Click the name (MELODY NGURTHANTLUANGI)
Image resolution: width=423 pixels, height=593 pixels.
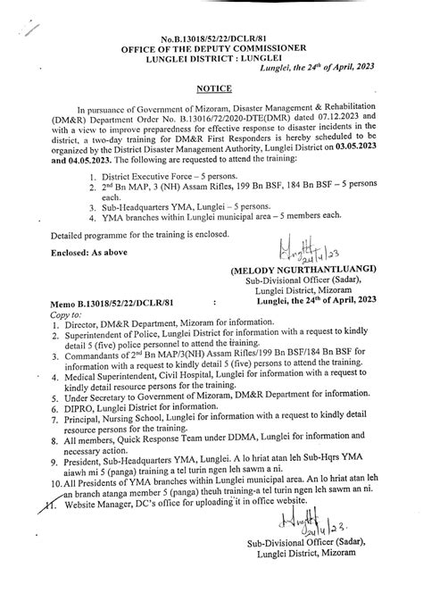[x=317, y=269]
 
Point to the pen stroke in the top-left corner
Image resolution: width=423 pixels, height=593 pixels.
[x=32, y=28]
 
